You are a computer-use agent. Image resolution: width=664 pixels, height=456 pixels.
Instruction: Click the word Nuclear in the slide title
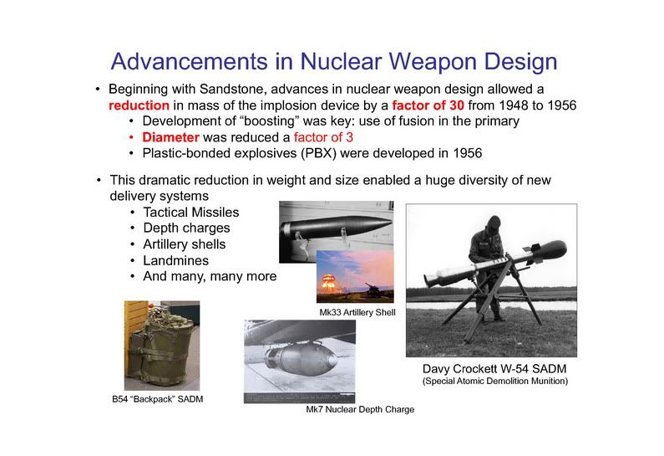(341, 61)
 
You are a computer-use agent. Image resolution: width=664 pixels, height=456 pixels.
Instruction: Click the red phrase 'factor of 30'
(428, 105)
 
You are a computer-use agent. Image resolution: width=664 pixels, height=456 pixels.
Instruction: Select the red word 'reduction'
(139, 105)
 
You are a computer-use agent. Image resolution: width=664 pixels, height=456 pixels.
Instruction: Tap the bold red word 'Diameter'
(170, 137)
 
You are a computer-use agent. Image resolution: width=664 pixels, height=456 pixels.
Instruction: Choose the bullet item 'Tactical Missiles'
(191, 212)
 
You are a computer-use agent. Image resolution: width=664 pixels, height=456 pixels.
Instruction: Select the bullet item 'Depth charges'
(186, 228)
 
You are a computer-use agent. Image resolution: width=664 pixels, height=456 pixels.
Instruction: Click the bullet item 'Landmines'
(175, 260)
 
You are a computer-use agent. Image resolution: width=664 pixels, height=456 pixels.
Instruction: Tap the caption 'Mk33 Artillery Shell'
(357, 312)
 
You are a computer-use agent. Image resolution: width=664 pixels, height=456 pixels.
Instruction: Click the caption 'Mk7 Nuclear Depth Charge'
(360, 409)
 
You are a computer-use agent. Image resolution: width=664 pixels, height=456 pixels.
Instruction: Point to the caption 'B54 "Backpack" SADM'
(158, 399)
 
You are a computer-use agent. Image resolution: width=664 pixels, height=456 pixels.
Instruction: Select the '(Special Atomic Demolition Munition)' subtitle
(495, 381)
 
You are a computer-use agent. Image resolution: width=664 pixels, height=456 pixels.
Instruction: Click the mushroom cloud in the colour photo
(328, 283)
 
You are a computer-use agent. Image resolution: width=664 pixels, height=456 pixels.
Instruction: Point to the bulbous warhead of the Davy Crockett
(551, 250)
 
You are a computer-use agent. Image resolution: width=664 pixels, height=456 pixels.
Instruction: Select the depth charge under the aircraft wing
(301, 361)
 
